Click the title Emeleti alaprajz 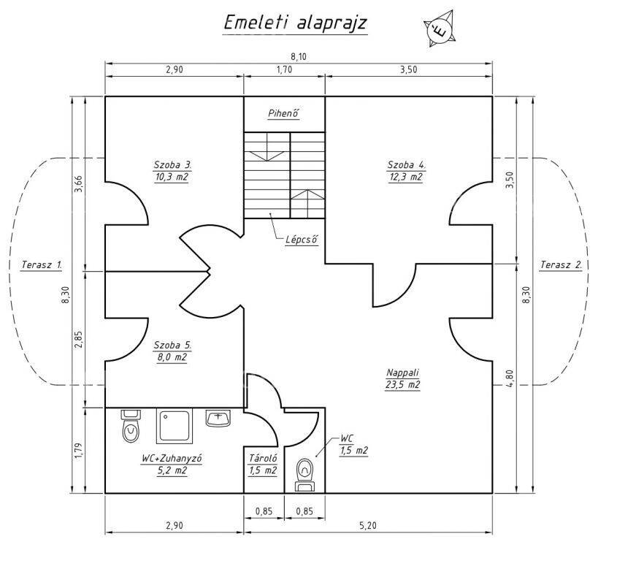click(x=295, y=23)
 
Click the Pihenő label click(x=284, y=113)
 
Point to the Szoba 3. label click(x=172, y=164)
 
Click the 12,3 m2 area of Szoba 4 click(x=406, y=178)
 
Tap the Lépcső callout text click(x=302, y=240)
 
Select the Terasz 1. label click(x=42, y=265)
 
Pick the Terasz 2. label click(x=561, y=265)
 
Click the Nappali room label click(x=402, y=373)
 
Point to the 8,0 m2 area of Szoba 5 click(x=172, y=357)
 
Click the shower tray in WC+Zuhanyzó click(x=175, y=427)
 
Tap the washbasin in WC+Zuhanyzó click(x=218, y=418)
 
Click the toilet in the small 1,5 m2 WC click(x=305, y=475)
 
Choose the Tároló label click(x=263, y=458)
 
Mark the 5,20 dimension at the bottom click(x=367, y=525)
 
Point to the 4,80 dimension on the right click(x=510, y=378)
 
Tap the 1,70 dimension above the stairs click(x=284, y=69)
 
